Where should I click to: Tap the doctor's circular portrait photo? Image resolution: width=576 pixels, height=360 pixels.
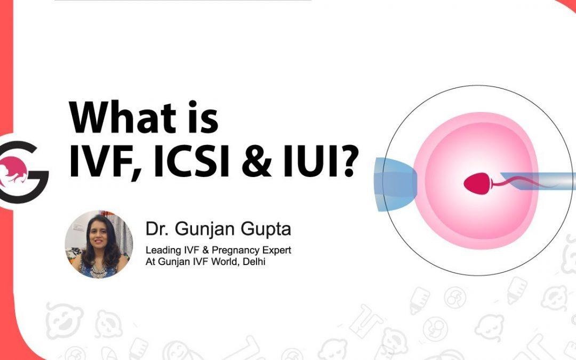tap(99, 244)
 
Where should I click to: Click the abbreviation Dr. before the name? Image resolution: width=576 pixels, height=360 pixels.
tap(157, 228)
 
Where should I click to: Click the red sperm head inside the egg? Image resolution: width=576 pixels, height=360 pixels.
tap(477, 183)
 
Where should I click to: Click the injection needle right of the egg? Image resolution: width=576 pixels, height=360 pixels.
tap(538, 181)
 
